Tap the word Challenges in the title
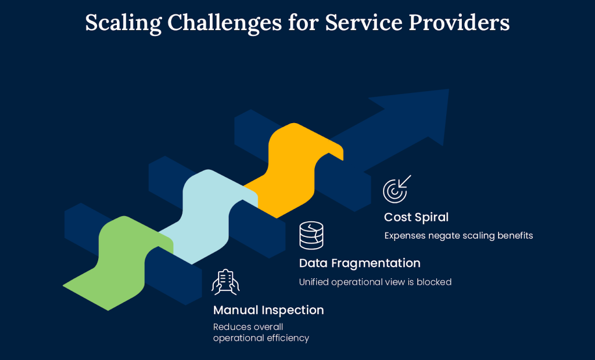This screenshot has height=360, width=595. pos(224,23)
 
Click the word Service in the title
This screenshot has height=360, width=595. pos(364,23)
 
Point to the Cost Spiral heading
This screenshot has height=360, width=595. pos(416,217)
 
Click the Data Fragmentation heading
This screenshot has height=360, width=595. pos(360,263)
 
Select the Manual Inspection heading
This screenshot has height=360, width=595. pos(268,310)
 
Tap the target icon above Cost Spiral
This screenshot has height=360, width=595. pos(397,189)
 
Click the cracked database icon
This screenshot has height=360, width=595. pos(311,236)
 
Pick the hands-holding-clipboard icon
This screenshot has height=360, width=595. pos(226,282)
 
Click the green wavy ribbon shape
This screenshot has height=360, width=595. pos(120,262)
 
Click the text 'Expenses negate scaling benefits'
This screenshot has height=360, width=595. pos(458,236)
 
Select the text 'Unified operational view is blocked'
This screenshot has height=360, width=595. pos(375,282)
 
